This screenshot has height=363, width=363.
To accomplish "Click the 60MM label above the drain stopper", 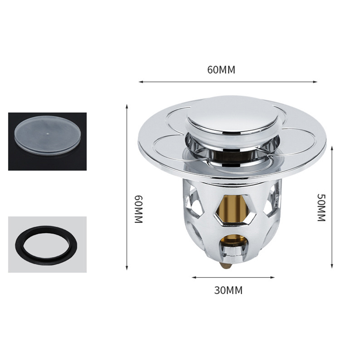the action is [221, 70].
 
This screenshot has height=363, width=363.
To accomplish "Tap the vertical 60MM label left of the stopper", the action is [139, 209].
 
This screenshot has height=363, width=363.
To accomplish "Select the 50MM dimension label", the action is [321, 208].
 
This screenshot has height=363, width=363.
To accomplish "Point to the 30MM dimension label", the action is [228, 290].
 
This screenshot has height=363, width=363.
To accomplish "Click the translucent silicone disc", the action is [47, 134].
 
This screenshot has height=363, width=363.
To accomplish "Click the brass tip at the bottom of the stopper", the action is [226, 266].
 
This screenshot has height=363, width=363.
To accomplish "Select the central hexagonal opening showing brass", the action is [235, 209].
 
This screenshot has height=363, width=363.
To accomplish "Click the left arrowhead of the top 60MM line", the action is [140, 82].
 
